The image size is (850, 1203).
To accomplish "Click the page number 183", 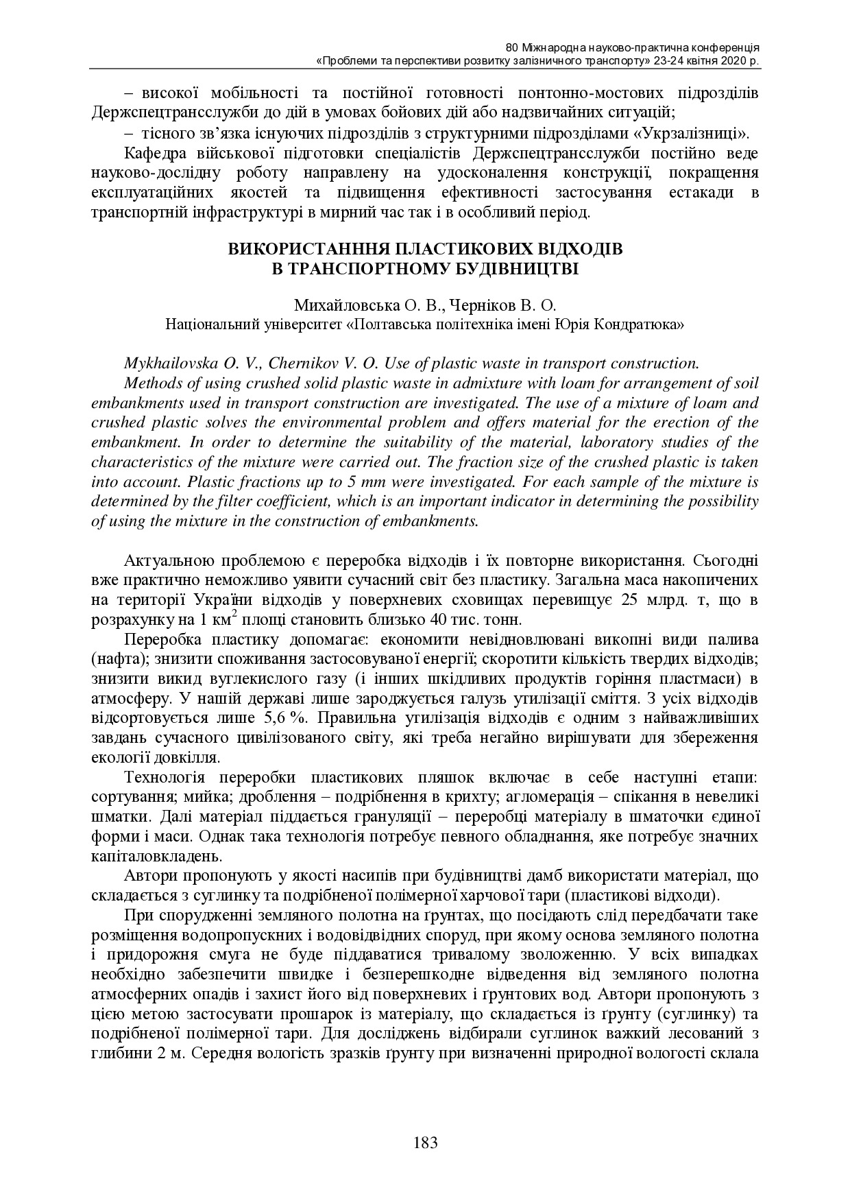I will (425, 1143).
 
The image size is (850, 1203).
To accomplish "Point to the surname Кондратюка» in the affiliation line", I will (646, 323).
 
